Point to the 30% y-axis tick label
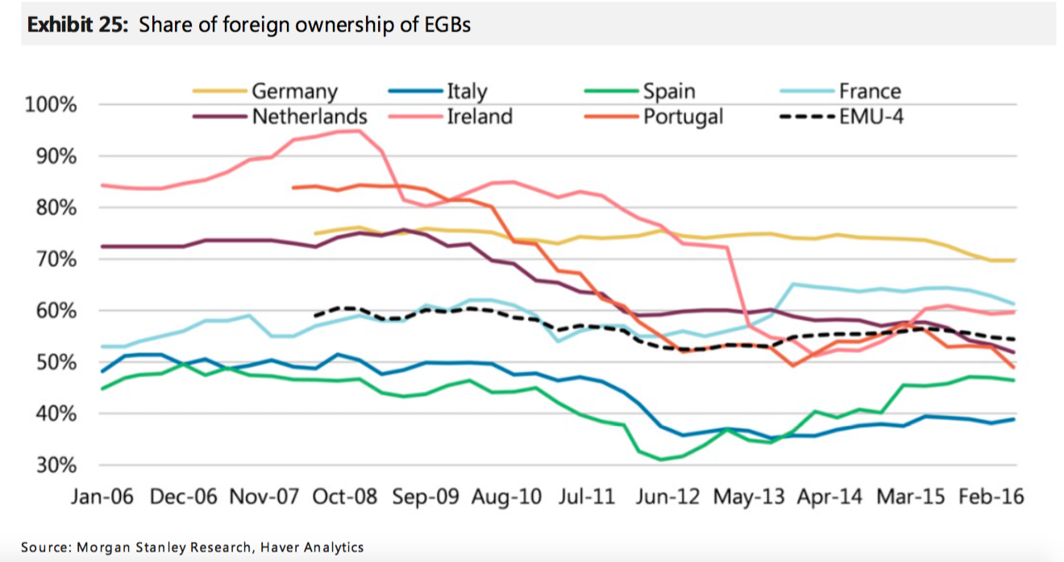(x=54, y=465)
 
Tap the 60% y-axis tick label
(x=54, y=311)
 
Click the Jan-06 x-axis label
(x=103, y=497)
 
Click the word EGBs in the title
(x=443, y=25)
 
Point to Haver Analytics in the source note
(x=310, y=547)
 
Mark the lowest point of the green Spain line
(x=661, y=460)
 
